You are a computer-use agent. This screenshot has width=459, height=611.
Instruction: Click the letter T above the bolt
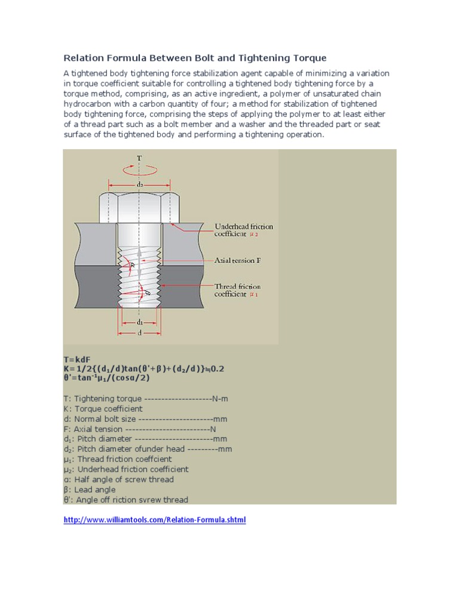(x=139, y=159)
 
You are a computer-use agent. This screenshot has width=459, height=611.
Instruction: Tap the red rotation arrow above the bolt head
(x=139, y=169)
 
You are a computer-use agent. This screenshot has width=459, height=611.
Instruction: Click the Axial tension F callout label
(x=238, y=261)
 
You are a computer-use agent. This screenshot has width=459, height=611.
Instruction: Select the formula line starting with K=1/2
(x=143, y=369)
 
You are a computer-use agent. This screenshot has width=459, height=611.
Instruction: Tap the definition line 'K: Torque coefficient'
(x=103, y=409)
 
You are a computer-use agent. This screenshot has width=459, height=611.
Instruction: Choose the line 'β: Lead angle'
(x=90, y=490)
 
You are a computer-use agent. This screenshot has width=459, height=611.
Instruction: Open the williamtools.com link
(x=154, y=520)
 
